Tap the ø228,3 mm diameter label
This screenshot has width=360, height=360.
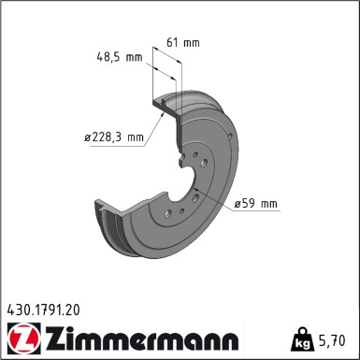pos(114,137)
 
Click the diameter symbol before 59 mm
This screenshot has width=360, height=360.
pos(238,202)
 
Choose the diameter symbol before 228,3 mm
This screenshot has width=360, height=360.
pos(88,137)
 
